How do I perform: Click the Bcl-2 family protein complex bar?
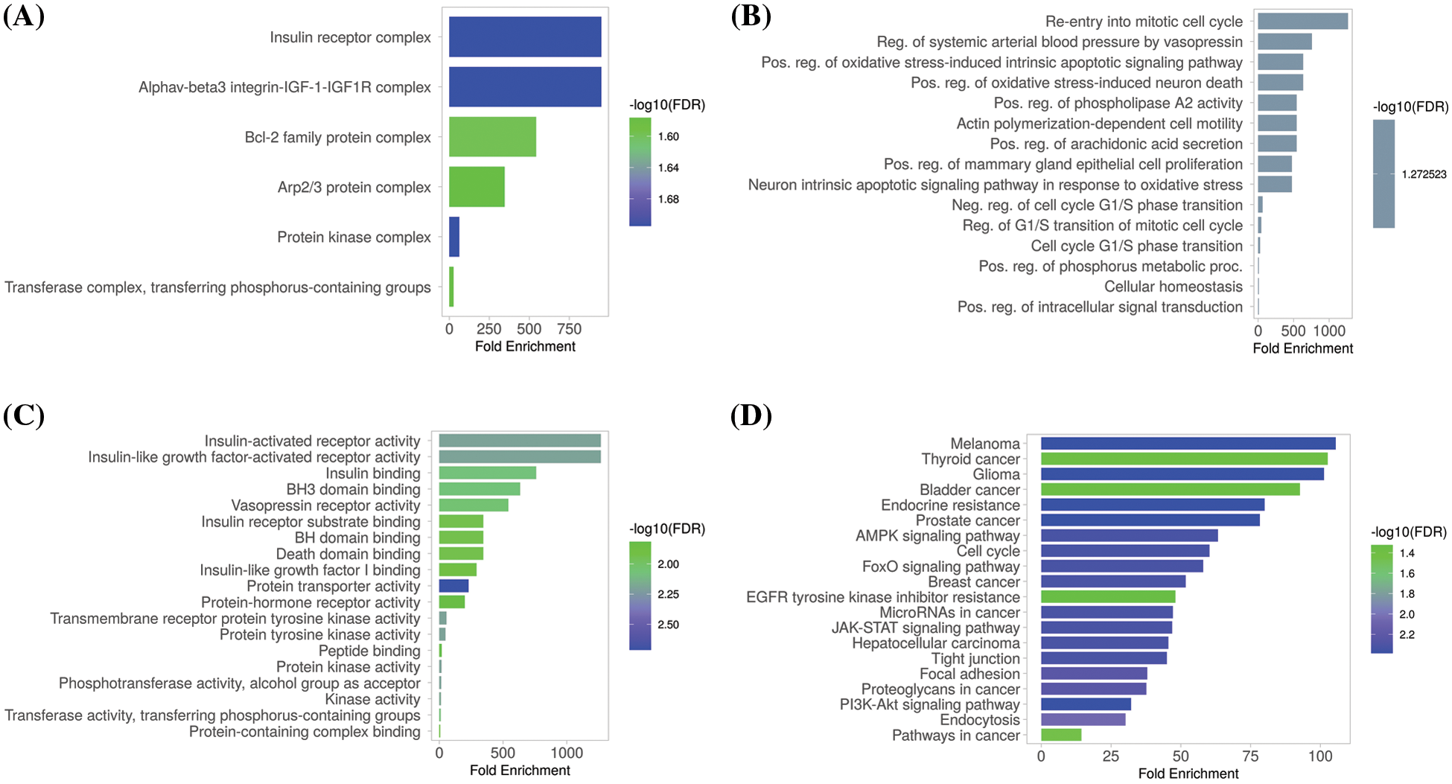click(491, 137)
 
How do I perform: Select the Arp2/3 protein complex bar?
click(477, 187)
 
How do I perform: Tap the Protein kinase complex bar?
click(454, 237)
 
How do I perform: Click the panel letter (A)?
click(24, 16)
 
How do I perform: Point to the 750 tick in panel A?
click(569, 329)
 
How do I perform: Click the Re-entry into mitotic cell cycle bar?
click(1302, 21)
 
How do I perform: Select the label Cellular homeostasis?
click(1173, 287)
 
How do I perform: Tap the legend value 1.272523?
click(1424, 174)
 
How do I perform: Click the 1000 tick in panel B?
click(1329, 331)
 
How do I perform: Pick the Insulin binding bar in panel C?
click(487, 473)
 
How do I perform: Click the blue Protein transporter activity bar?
click(453, 586)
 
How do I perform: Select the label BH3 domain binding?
click(353, 489)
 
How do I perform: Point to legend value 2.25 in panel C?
click(668, 594)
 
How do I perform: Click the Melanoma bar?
click(1188, 444)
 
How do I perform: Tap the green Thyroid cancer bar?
click(1184, 459)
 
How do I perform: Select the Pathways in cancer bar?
click(1061, 735)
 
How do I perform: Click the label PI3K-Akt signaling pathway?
click(929, 704)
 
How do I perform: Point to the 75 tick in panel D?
click(1251, 756)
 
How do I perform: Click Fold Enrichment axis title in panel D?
click(1188, 774)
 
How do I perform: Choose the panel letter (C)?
click(24, 415)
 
